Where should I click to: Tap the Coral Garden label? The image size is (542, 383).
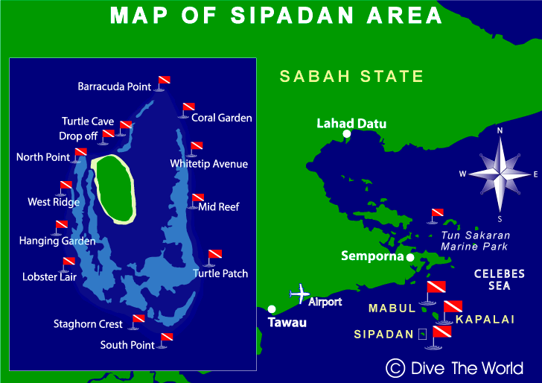point(222,118)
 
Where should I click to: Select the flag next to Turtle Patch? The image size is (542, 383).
point(214,256)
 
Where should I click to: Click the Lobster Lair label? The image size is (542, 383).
point(49,278)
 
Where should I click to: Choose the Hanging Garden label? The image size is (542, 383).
point(57,241)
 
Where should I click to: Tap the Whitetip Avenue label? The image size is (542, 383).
point(208,164)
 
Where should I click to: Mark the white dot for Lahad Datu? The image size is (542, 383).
point(347,135)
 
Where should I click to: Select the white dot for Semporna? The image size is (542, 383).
point(409,257)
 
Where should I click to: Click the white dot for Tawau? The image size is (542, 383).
point(272,309)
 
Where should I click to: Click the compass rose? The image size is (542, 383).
point(500,174)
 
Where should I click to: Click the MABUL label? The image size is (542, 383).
point(389,307)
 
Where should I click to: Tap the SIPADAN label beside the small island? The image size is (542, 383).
point(383,335)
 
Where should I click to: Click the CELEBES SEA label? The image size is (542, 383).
point(500,279)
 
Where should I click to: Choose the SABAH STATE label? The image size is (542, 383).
point(351,76)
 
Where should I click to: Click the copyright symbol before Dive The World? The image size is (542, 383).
point(395,367)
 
